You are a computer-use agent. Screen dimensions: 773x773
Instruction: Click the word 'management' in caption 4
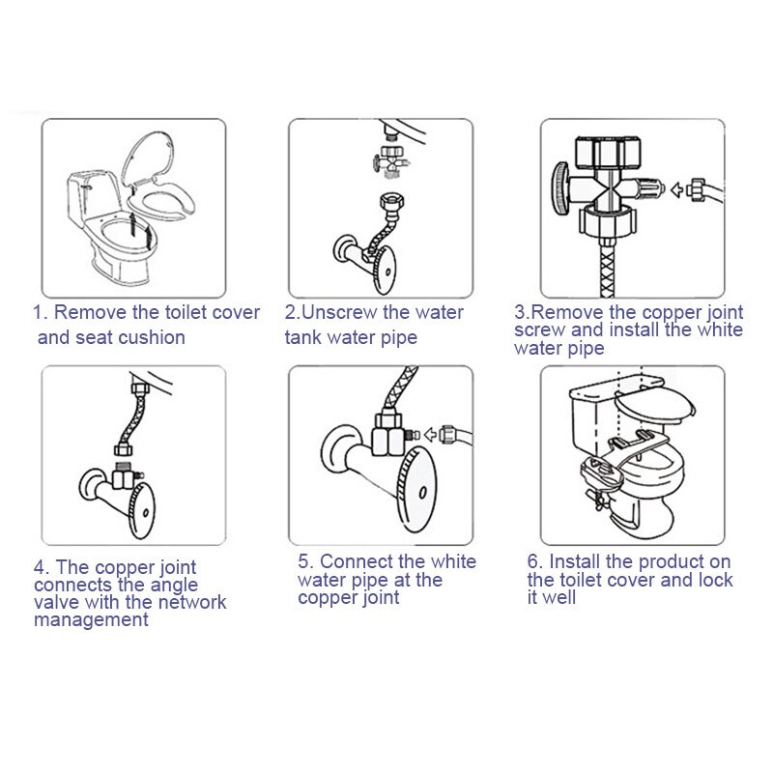click(x=91, y=620)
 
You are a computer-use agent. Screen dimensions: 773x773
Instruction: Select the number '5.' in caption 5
click(x=305, y=561)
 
